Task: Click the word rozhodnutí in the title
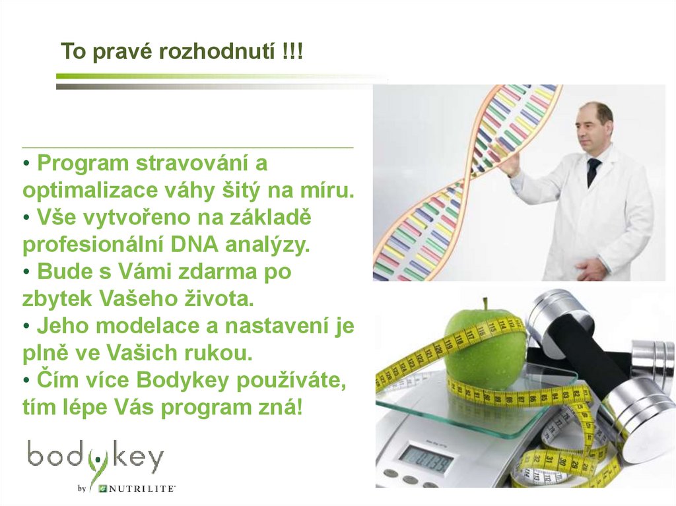pyautogui.click(x=213, y=51)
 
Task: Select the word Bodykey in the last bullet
pyautogui.click(x=171, y=381)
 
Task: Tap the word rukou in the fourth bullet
pyautogui.click(x=219, y=353)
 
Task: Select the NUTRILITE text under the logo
pyautogui.click(x=141, y=489)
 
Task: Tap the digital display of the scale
pyautogui.click(x=428, y=457)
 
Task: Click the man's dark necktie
pyautogui.click(x=593, y=171)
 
